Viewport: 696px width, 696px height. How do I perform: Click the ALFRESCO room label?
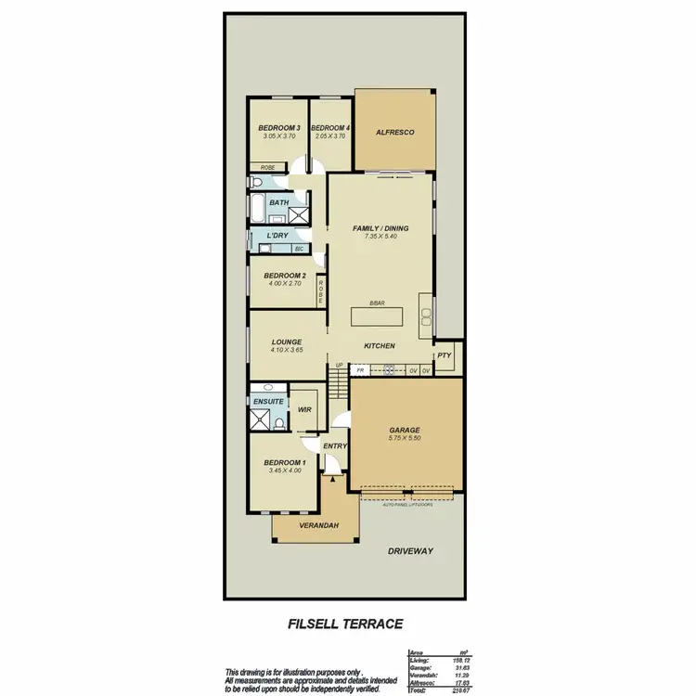(x=394, y=133)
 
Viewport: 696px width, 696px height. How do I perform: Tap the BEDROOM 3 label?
(x=278, y=128)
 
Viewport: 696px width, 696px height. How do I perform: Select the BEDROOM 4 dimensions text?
(x=330, y=136)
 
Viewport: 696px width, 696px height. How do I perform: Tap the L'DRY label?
(x=277, y=236)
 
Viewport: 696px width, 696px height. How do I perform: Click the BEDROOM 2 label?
(x=284, y=276)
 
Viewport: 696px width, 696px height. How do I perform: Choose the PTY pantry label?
(x=445, y=354)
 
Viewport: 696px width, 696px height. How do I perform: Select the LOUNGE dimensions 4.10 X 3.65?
(x=287, y=351)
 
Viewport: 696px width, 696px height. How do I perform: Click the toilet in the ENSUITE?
(x=279, y=424)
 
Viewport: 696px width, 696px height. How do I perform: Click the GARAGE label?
(x=405, y=431)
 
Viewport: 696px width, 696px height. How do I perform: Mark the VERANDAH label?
(x=318, y=526)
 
